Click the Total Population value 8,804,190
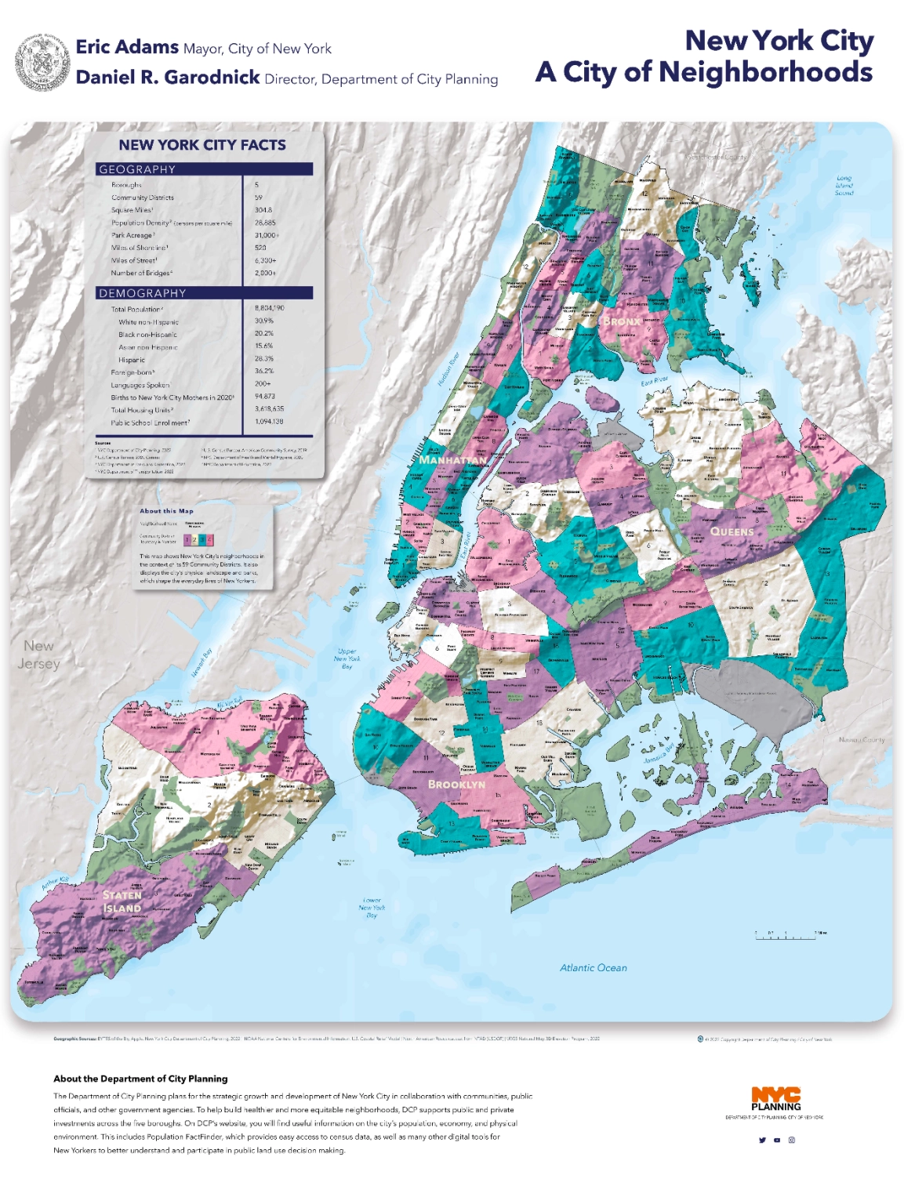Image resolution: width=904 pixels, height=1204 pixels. (269, 308)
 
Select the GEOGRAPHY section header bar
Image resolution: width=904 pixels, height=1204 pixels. (205, 169)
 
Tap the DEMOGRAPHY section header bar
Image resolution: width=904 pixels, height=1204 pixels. (205, 293)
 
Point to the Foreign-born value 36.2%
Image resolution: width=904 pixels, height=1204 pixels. (263, 371)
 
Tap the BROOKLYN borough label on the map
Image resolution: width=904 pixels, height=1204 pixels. (456, 784)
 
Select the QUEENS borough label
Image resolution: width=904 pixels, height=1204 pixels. (732, 531)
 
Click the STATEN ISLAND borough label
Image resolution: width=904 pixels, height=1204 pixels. (122, 901)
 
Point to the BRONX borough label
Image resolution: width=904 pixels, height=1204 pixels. (622, 321)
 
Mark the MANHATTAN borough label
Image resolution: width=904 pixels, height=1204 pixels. (452, 459)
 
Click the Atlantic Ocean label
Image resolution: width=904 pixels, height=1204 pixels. (593, 968)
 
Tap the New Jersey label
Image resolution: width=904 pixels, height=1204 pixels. (38, 655)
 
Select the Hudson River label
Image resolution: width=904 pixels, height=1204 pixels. (448, 368)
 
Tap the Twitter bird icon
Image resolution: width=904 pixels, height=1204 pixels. (761, 1141)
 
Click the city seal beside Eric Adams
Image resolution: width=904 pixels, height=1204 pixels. (42, 62)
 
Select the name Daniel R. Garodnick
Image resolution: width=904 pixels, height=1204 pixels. (168, 78)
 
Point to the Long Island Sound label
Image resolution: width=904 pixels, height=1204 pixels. (844, 185)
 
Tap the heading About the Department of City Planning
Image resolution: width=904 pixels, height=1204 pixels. (140, 1079)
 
